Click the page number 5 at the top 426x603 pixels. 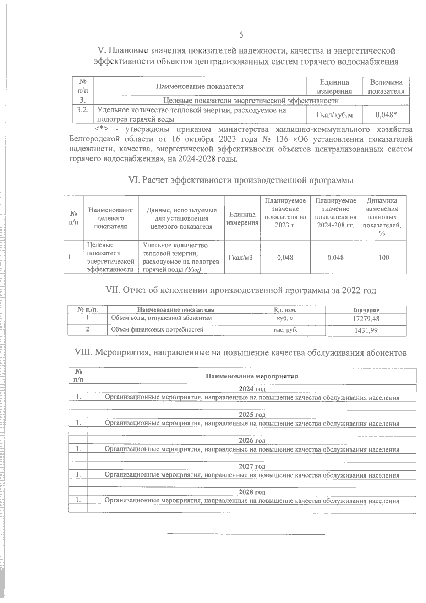(x=241, y=34)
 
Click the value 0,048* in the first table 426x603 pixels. (x=386, y=114)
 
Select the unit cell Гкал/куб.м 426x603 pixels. (x=334, y=114)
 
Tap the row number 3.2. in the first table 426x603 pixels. (x=83, y=110)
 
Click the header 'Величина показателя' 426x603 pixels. (x=386, y=86)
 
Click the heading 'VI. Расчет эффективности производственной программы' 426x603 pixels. (x=241, y=180)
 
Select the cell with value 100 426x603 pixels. (x=383, y=257)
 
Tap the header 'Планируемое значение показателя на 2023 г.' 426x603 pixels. (x=285, y=213)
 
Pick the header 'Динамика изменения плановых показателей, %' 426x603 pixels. (x=382, y=217)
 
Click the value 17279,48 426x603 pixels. (x=366, y=319)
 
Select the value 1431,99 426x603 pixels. (x=366, y=330)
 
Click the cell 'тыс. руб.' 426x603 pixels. (x=285, y=330)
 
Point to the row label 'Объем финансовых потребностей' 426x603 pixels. (x=157, y=329)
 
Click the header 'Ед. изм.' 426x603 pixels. (x=285, y=310)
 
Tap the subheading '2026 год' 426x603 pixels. (x=252, y=441)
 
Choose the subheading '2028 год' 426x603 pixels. (x=252, y=492)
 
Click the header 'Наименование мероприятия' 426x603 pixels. (x=252, y=376)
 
